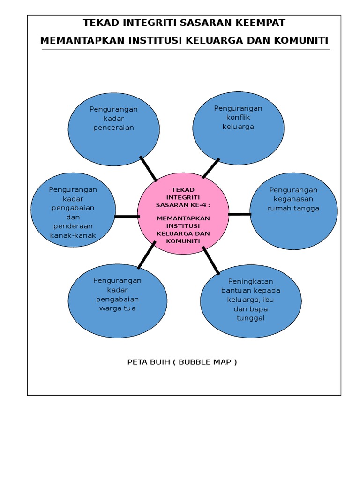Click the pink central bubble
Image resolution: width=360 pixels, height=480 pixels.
tap(183, 214)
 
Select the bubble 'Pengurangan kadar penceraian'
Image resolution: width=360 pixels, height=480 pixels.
tap(114, 129)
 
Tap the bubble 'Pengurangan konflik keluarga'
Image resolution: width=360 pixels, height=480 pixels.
tap(238, 128)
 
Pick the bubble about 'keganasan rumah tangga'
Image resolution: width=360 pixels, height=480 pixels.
tap(293, 211)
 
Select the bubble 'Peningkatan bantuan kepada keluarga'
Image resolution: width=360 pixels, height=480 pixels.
tap(251, 301)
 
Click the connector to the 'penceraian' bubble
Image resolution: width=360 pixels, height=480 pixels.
tap(149, 169)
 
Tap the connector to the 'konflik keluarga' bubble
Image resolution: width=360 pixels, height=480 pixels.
tap(211, 168)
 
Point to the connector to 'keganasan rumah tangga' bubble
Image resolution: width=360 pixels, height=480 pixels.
tap(240, 214)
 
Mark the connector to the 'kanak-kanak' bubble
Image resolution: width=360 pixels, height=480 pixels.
tap(127, 216)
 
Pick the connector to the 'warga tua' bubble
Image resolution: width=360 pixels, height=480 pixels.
tap(147, 255)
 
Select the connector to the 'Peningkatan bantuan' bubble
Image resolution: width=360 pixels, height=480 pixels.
tap(211, 260)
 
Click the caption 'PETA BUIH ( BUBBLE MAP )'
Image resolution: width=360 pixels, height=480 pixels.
tap(182, 362)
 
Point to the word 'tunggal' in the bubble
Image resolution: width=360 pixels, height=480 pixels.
tap(251, 318)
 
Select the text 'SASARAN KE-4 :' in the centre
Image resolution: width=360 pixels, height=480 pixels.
tap(183, 205)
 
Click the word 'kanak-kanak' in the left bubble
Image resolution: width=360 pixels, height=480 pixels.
tap(73, 235)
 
